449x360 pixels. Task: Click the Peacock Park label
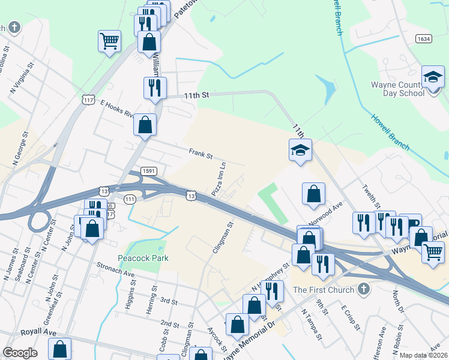pyautogui.click(x=143, y=258)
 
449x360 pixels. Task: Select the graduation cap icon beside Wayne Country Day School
pyautogui.click(x=432, y=77)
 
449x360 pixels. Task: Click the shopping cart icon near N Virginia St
pyautogui.click(x=110, y=41)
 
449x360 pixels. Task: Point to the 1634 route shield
pyautogui.click(x=424, y=38)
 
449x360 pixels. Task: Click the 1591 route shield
pyautogui.click(x=149, y=171)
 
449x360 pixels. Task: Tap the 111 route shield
pyautogui.click(x=130, y=199)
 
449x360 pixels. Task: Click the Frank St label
pyautogui.click(x=200, y=154)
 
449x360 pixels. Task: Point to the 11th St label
pyautogui.click(x=196, y=95)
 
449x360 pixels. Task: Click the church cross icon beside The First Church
pyautogui.click(x=362, y=290)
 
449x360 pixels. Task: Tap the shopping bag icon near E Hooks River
pyautogui.click(x=145, y=125)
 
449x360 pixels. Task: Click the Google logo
pyautogui.click(x=20, y=353)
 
